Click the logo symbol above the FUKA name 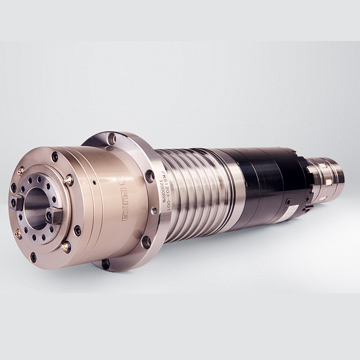[x=119, y=179]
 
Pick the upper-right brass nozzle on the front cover [x=68, y=180]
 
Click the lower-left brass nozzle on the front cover [x=19, y=234]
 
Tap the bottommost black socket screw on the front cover [x=33, y=257]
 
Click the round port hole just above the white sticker [x=288, y=202]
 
